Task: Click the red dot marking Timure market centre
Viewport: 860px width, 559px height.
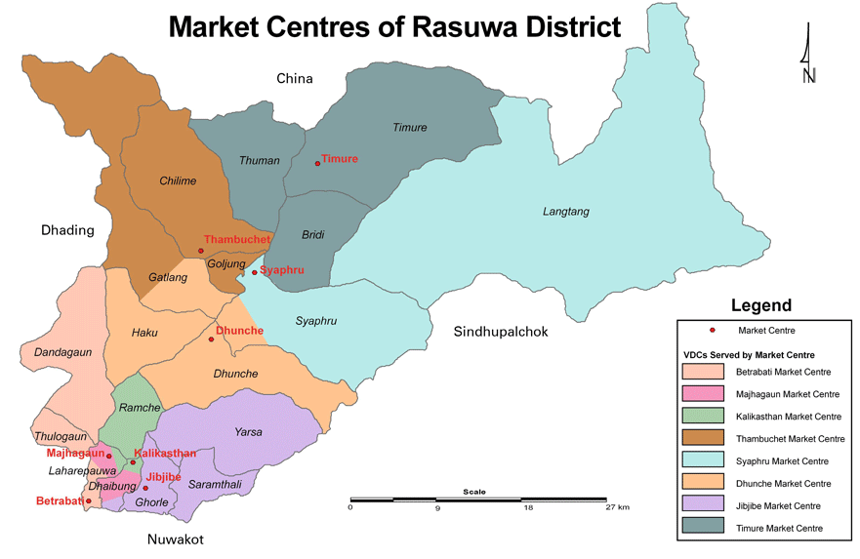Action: (x=317, y=163)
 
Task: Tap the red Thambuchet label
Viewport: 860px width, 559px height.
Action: (x=237, y=239)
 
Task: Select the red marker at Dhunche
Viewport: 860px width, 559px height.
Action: (x=211, y=339)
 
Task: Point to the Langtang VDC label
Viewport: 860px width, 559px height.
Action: (x=566, y=212)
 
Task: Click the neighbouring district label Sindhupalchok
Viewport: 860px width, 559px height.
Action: (x=501, y=332)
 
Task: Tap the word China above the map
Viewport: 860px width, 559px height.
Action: (x=294, y=78)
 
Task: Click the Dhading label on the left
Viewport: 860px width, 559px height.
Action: (x=67, y=230)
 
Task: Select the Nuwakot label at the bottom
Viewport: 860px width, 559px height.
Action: (x=176, y=539)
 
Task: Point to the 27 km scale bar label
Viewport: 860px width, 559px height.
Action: (x=617, y=508)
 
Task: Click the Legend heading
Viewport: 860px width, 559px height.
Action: (x=761, y=305)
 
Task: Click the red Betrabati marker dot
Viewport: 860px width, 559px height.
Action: (x=89, y=502)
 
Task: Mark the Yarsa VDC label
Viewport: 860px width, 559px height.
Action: (x=248, y=432)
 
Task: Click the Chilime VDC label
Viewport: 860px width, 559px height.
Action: (x=178, y=180)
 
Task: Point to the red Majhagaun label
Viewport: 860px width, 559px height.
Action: (x=74, y=453)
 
